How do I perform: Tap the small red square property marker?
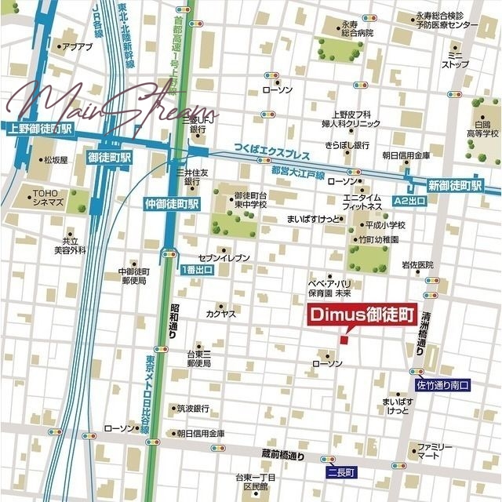[343, 339]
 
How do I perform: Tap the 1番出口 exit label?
[196, 270]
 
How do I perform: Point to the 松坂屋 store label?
[56, 160]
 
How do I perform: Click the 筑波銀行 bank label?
[192, 409]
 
